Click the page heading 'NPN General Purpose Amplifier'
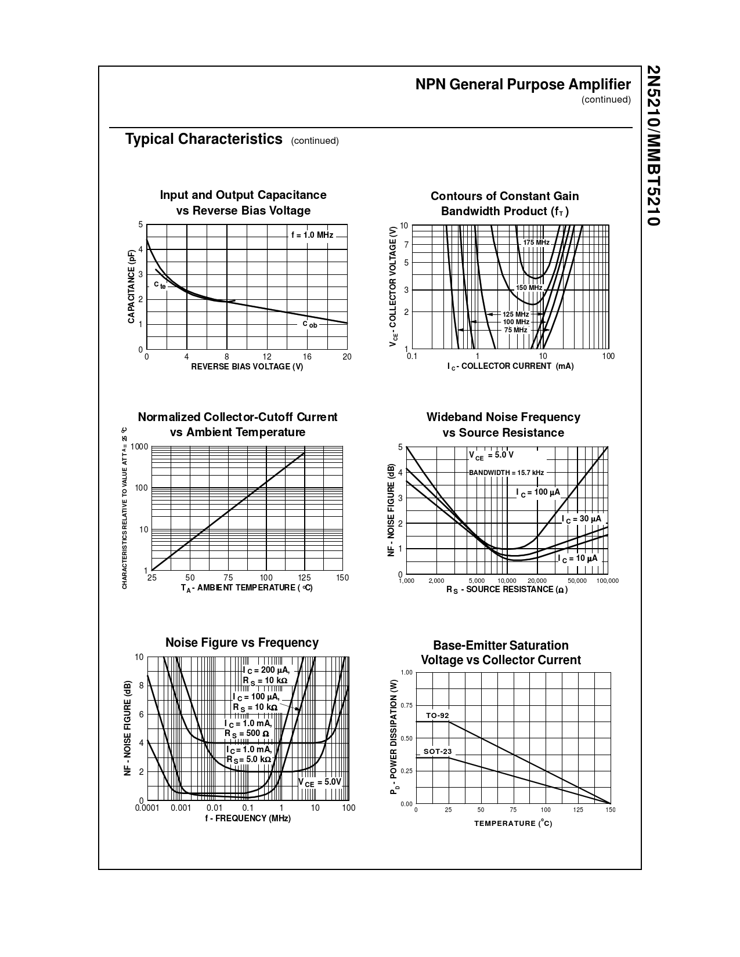(x=522, y=85)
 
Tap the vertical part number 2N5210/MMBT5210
(x=653, y=146)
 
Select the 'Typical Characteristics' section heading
(x=204, y=139)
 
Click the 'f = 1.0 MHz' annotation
(x=312, y=235)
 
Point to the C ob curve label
(x=310, y=324)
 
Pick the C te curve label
(x=160, y=285)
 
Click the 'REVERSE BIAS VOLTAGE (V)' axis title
(x=247, y=367)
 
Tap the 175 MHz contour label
(x=536, y=242)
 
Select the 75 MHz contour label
(x=515, y=330)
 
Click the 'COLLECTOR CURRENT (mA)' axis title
(x=511, y=366)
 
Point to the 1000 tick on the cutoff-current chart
(x=139, y=447)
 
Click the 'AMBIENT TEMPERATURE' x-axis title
(x=247, y=588)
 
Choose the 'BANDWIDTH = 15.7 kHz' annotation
(x=506, y=473)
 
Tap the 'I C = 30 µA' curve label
(x=582, y=519)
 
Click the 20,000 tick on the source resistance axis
(x=537, y=581)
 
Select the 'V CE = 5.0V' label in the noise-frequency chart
(x=320, y=782)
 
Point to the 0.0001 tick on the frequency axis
(x=147, y=808)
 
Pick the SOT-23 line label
(x=437, y=752)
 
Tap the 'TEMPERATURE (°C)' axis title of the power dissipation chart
(x=513, y=824)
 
